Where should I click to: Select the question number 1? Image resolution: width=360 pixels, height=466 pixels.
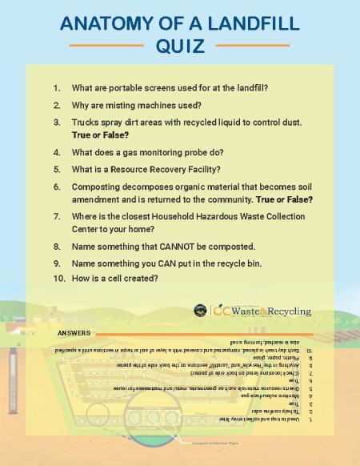57,87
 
